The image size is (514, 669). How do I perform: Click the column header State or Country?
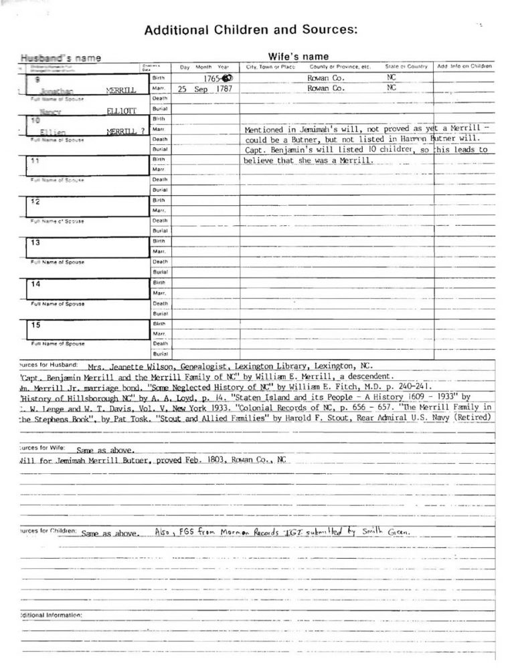(x=406, y=67)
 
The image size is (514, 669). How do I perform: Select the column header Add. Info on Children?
(x=464, y=67)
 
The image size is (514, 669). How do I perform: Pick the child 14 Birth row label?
(x=159, y=283)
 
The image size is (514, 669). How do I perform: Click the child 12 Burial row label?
(x=159, y=231)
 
